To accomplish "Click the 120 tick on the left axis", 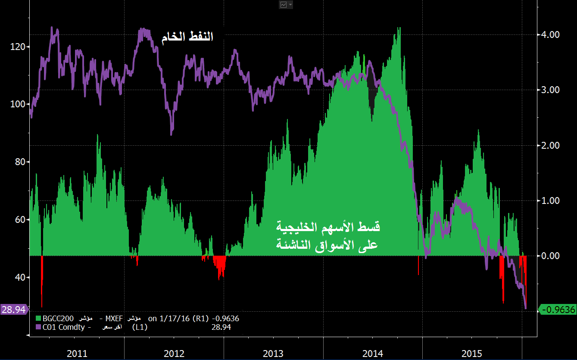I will click(x=17, y=47).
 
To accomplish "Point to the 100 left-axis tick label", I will click(x=17, y=104).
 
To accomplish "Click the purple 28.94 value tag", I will click(x=13, y=309).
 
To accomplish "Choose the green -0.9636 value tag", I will click(x=558, y=309).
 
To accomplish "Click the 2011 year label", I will click(x=77, y=354).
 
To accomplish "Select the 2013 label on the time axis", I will click(x=273, y=354).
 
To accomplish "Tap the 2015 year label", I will click(x=472, y=354).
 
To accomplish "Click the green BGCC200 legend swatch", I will click(x=37, y=319).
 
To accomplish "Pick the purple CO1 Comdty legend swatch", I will click(x=37, y=327).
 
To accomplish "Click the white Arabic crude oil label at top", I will click(x=187, y=37).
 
